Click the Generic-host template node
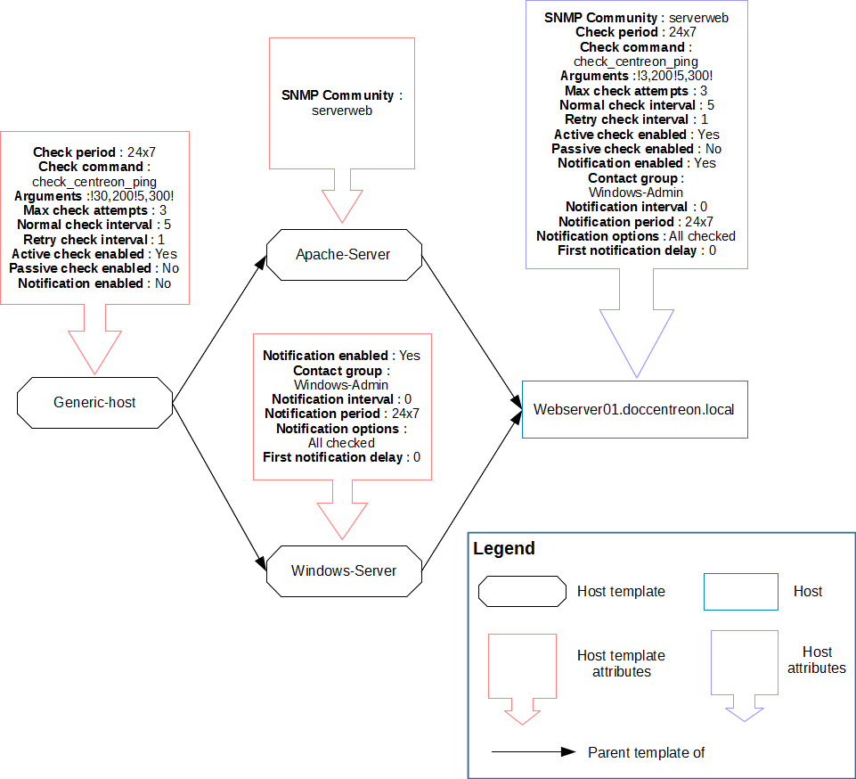click(94, 402)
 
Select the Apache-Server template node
click(343, 255)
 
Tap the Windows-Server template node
click(344, 570)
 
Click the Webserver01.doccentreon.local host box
click(633, 409)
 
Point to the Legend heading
click(504, 549)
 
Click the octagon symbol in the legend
click(522, 591)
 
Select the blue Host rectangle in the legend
click(740, 591)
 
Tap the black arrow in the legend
click(534, 752)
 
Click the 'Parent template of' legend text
click(646, 752)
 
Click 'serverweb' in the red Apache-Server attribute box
click(342, 111)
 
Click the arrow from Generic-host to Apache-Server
click(218, 329)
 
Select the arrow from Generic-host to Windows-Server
click(218, 486)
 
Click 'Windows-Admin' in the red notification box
click(342, 385)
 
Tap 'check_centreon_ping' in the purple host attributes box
click(636, 61)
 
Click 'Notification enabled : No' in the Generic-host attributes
click(94, 283)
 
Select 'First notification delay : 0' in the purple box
click(636, 250)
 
